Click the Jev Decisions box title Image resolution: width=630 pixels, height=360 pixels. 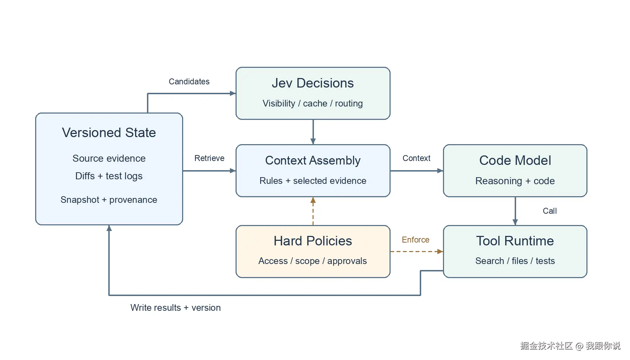point(313,83)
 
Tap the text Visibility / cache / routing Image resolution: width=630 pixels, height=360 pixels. point(313,103)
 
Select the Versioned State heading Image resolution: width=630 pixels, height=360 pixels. point(109,133)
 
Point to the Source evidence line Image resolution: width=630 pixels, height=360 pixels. point(109,158)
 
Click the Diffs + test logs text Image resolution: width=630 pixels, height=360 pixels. point(109,176)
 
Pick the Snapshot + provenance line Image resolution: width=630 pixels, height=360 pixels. point(109,200)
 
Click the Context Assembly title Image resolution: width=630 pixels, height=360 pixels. point(313,161)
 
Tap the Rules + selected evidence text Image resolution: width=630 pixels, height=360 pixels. point(313,181)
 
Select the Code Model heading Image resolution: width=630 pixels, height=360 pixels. point(515,160)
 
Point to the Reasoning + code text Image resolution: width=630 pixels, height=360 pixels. point(515,181)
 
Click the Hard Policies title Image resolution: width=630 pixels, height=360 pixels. point(313,241)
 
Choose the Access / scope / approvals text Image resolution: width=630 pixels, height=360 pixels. point(313,261)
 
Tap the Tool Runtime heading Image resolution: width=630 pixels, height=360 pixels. point(515,241)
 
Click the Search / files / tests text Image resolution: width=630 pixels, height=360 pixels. point(515,261)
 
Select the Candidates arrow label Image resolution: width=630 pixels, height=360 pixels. point(189,82)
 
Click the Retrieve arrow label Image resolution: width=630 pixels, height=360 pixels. point(210,158)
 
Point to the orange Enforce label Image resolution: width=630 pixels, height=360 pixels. point(416,240)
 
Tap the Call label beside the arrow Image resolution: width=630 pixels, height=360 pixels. point(550,211)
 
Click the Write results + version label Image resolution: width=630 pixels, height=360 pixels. point(175,308)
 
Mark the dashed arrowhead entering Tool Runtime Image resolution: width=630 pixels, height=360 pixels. point(440,251)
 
